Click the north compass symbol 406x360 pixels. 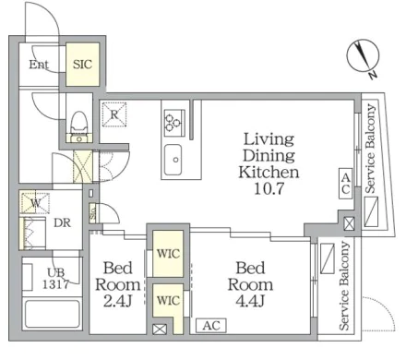tap(364, 58)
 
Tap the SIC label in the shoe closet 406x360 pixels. tap(82, 65)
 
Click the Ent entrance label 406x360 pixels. tap(39, 65)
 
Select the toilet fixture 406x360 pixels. tap(79, 127)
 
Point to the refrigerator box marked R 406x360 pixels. tap(114, 114)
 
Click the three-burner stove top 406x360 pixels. tap(174, 123)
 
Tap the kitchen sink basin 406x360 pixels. tap(173, 160)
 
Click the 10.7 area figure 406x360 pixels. tap(269, 188)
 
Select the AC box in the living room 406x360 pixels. tap(346, 184)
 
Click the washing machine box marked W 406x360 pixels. tap(35, 203)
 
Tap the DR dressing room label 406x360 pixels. tap(62, 222)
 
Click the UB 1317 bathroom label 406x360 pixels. tap(55, 279)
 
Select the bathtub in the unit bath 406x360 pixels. tap(53, 314)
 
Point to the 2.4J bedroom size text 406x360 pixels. tap(118, 301)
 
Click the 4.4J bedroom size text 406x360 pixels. tap(250, 301)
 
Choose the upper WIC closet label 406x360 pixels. tap(168, 254)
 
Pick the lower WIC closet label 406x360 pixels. tap(168, 300)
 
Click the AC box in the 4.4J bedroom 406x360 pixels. tap(211, 325)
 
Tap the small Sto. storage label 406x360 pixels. tap(93, 212)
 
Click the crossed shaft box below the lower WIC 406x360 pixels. tap(160, 330)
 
